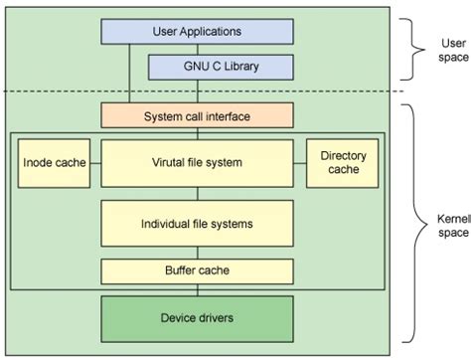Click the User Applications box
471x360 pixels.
point(198,32)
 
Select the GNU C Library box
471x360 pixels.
point(221,68)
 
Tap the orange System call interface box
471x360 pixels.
point(198,116)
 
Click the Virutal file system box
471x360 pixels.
point(198,163)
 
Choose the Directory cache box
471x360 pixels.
point(341,163)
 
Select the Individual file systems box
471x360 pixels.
point(198,224)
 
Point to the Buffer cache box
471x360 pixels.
point(198,270)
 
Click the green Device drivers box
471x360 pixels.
point(198,319)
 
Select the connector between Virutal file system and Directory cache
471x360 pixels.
point(300,163)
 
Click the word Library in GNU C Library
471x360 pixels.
point(244,68)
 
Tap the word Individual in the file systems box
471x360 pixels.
point(168,224)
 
